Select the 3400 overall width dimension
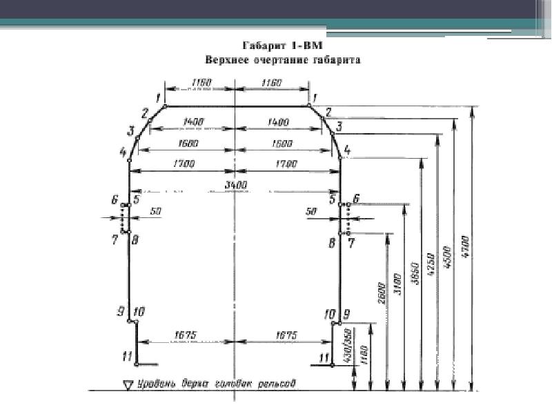[x=235, y=184]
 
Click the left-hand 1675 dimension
[x=186, y=335]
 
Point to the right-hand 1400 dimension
[x=279, y=121]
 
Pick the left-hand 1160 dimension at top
[x=201, y=83]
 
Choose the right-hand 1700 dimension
[x=286, y=164]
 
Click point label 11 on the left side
[x=126, y=356]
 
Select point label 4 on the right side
[x=347, y=149]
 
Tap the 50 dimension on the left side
[x=155, y=213]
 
